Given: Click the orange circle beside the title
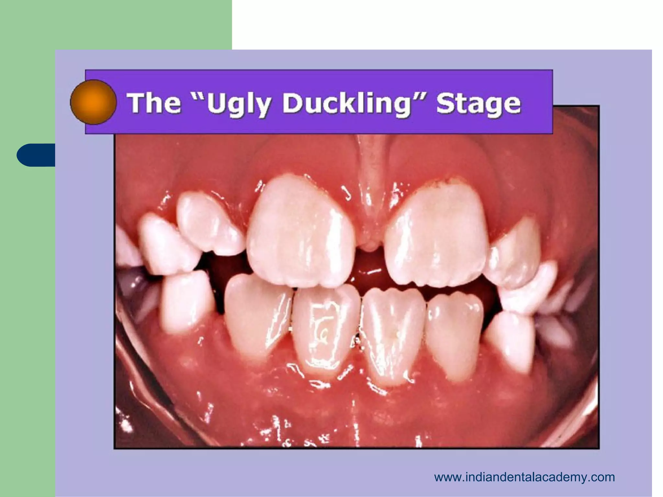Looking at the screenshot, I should (93, 102).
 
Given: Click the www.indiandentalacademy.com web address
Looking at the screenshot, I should (524, 477).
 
